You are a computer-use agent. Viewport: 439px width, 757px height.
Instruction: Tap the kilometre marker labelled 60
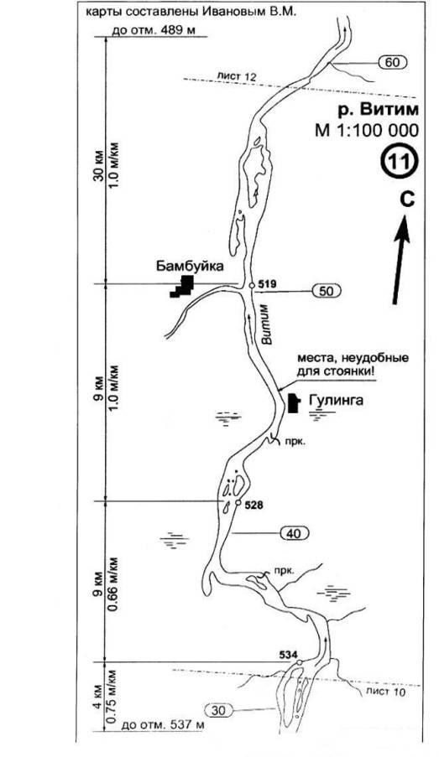point(393,62)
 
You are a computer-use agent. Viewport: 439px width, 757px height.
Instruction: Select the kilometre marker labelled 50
point(327,291)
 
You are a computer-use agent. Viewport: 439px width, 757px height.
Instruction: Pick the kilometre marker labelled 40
point(294,533)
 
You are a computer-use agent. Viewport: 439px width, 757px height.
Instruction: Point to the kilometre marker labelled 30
point(218,710)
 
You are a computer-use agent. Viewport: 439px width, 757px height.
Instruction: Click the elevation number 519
point(267,283)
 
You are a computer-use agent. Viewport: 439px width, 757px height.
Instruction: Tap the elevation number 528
point(253,506)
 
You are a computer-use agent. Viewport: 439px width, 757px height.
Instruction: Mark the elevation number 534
point(288,654)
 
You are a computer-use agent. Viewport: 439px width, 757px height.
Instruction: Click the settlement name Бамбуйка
point(190,266)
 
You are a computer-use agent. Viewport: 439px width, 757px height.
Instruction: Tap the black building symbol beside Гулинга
point(293,403)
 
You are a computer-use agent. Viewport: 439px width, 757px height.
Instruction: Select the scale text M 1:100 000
point(367,130)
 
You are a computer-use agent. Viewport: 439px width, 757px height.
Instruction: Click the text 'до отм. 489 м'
point(154,30)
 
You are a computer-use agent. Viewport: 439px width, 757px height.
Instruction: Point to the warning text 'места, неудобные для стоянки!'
point(353,365)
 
